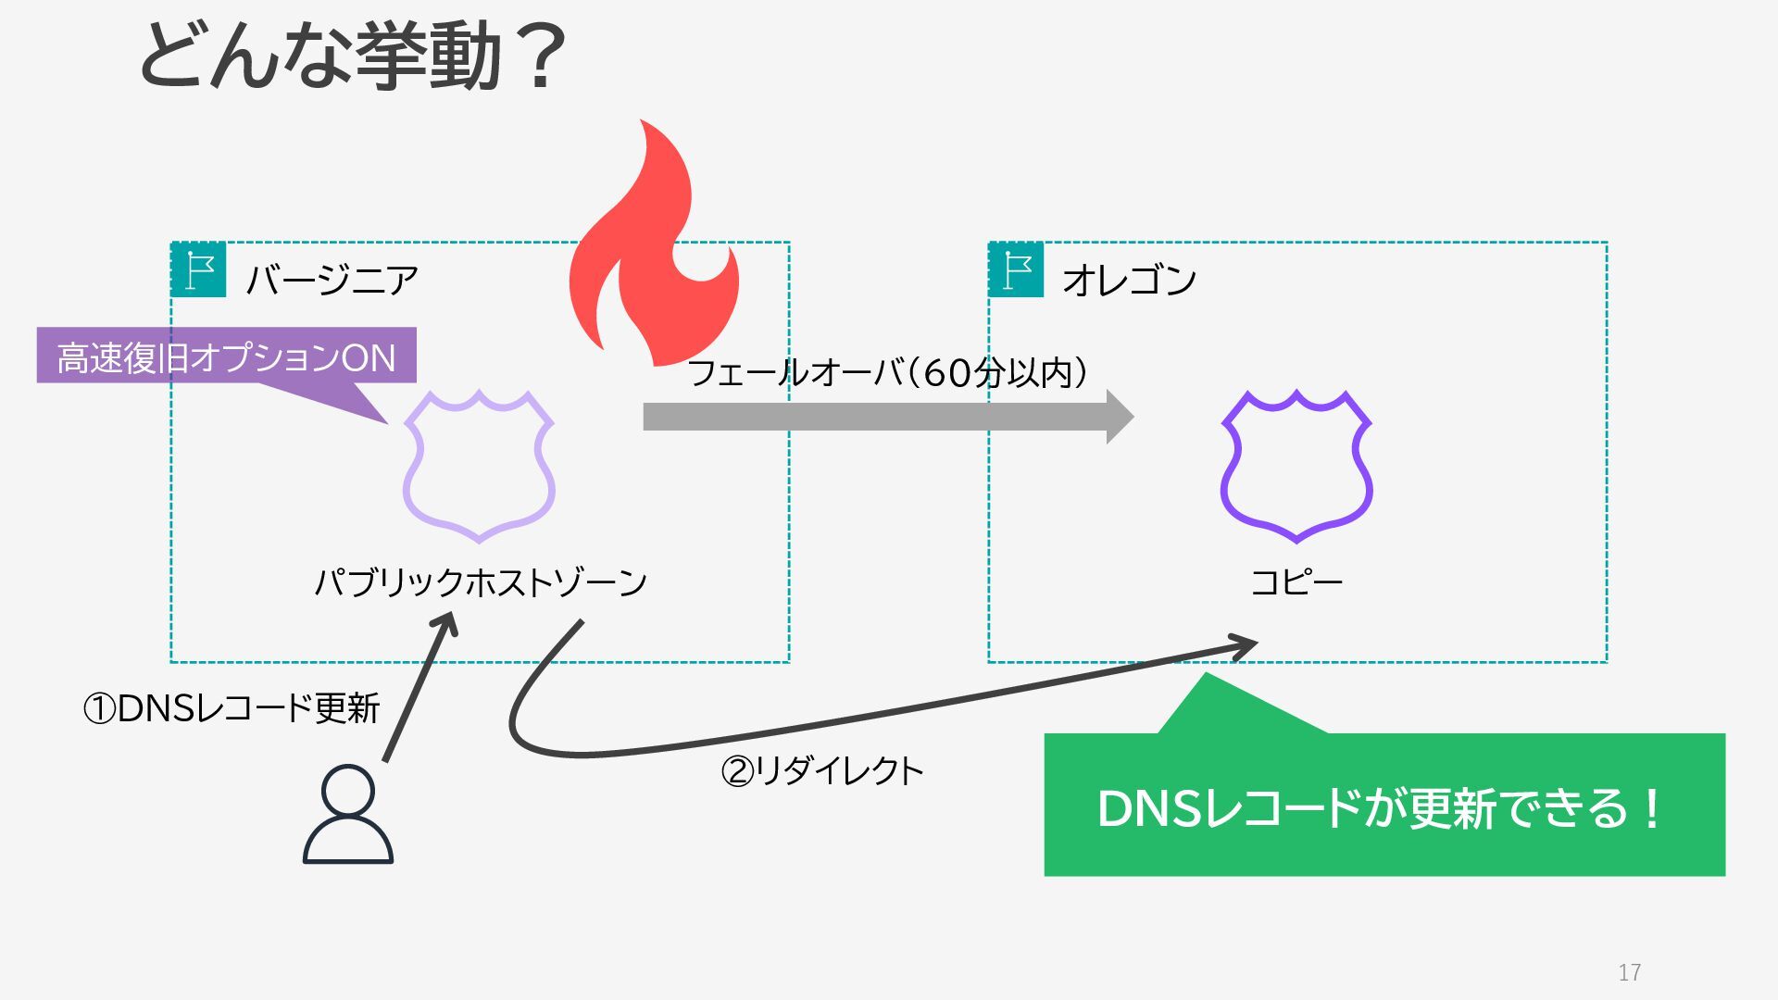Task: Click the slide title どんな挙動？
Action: [352, 57]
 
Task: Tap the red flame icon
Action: [653, 250]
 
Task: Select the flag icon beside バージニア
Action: [198, 269]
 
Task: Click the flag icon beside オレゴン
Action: [1016, 269]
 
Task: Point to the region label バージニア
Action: [332, 280]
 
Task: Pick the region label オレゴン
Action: [1129, 280]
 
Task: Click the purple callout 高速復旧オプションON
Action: [226, 356]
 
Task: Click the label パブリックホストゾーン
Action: [481, 582]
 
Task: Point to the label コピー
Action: [1296, 582]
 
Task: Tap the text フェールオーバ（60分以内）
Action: [887, 373]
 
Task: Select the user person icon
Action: [348, 815]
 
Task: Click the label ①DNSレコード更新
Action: [232, 708]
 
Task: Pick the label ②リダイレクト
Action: [821, 770]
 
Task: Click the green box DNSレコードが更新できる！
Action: [1384, 806]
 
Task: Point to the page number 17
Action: [1630, 972]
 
